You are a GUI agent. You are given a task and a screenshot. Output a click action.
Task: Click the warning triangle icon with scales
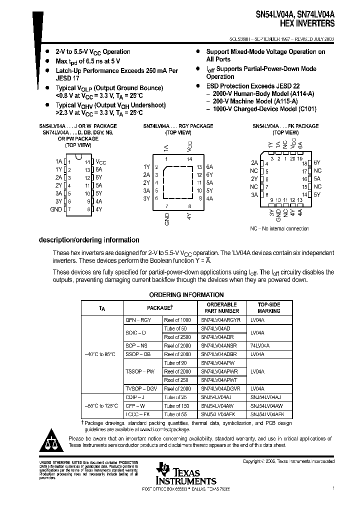pyautogui.click(x=51, y=440)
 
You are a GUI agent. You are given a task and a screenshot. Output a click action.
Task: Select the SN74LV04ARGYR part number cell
pyautogui.click(x=220, y=320)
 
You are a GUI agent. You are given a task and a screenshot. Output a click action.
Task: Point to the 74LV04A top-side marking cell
pyautogui.click(x=260, y=345)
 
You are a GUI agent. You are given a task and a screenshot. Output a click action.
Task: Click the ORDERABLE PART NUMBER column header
pyautogui.click(x=221, y=307)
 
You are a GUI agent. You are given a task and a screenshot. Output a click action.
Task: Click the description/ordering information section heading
pyautogui.click(x=89, y=240)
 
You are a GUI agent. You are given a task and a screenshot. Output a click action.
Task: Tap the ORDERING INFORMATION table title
pyautogui.click(x=186, y=295)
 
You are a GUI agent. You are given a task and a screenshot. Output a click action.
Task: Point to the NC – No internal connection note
pyautogui.click(x=280, y=228)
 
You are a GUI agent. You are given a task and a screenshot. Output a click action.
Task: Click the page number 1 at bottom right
pyautogui.click(x=333, y=487)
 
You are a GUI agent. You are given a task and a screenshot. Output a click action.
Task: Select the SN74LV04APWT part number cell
pyautogui.click(x=220, y=380)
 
